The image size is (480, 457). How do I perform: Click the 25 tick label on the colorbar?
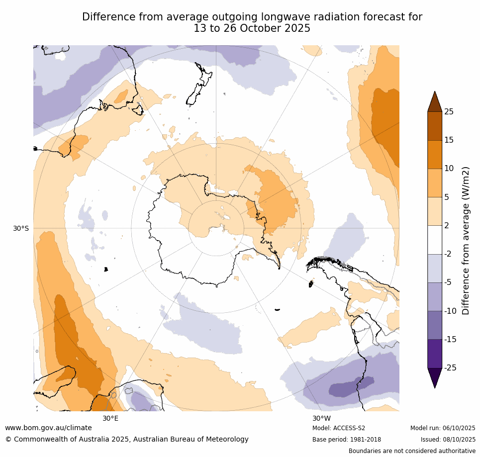(449, 112)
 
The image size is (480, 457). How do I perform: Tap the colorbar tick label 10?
(449, 169)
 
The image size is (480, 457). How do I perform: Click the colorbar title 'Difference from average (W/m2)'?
(466, 240)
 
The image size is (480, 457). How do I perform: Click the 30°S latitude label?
(21, 228)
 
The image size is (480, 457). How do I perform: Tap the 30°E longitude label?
(110, 418)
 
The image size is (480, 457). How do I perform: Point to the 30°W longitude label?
(321, 418)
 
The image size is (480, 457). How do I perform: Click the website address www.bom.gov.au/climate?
(48, 428)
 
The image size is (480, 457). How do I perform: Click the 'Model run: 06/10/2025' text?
(443, 428)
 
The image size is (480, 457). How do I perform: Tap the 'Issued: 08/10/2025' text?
(448, 440)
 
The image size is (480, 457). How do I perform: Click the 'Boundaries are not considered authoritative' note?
(412, 451)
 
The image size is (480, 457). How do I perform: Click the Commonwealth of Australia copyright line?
(127, 439)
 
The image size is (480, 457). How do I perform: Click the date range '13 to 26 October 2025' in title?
(252, 28)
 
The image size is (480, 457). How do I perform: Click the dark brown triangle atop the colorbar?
(435, 102)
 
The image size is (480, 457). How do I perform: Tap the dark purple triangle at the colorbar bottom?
(435, 377)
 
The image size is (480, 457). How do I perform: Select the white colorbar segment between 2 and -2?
(435, 240)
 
